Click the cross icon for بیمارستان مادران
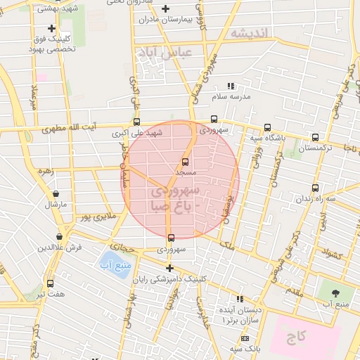166,9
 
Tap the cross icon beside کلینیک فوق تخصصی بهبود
51,28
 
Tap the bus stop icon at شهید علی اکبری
136,122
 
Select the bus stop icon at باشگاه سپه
267,127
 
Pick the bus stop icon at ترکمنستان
315,137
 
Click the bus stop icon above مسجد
186,162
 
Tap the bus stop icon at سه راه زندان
315,188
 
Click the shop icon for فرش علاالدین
59,237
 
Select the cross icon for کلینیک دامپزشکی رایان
169,267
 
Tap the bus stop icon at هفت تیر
49,283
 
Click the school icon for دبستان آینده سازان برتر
240,299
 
